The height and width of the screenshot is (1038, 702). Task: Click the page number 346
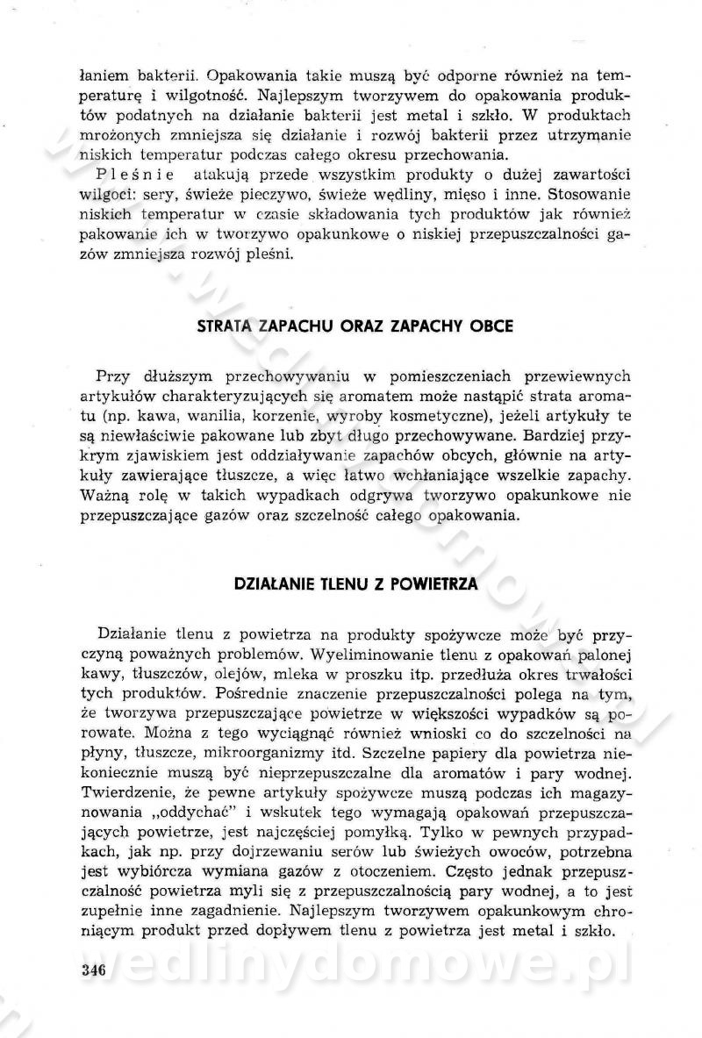pyautogui.click(x=92, y=969)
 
